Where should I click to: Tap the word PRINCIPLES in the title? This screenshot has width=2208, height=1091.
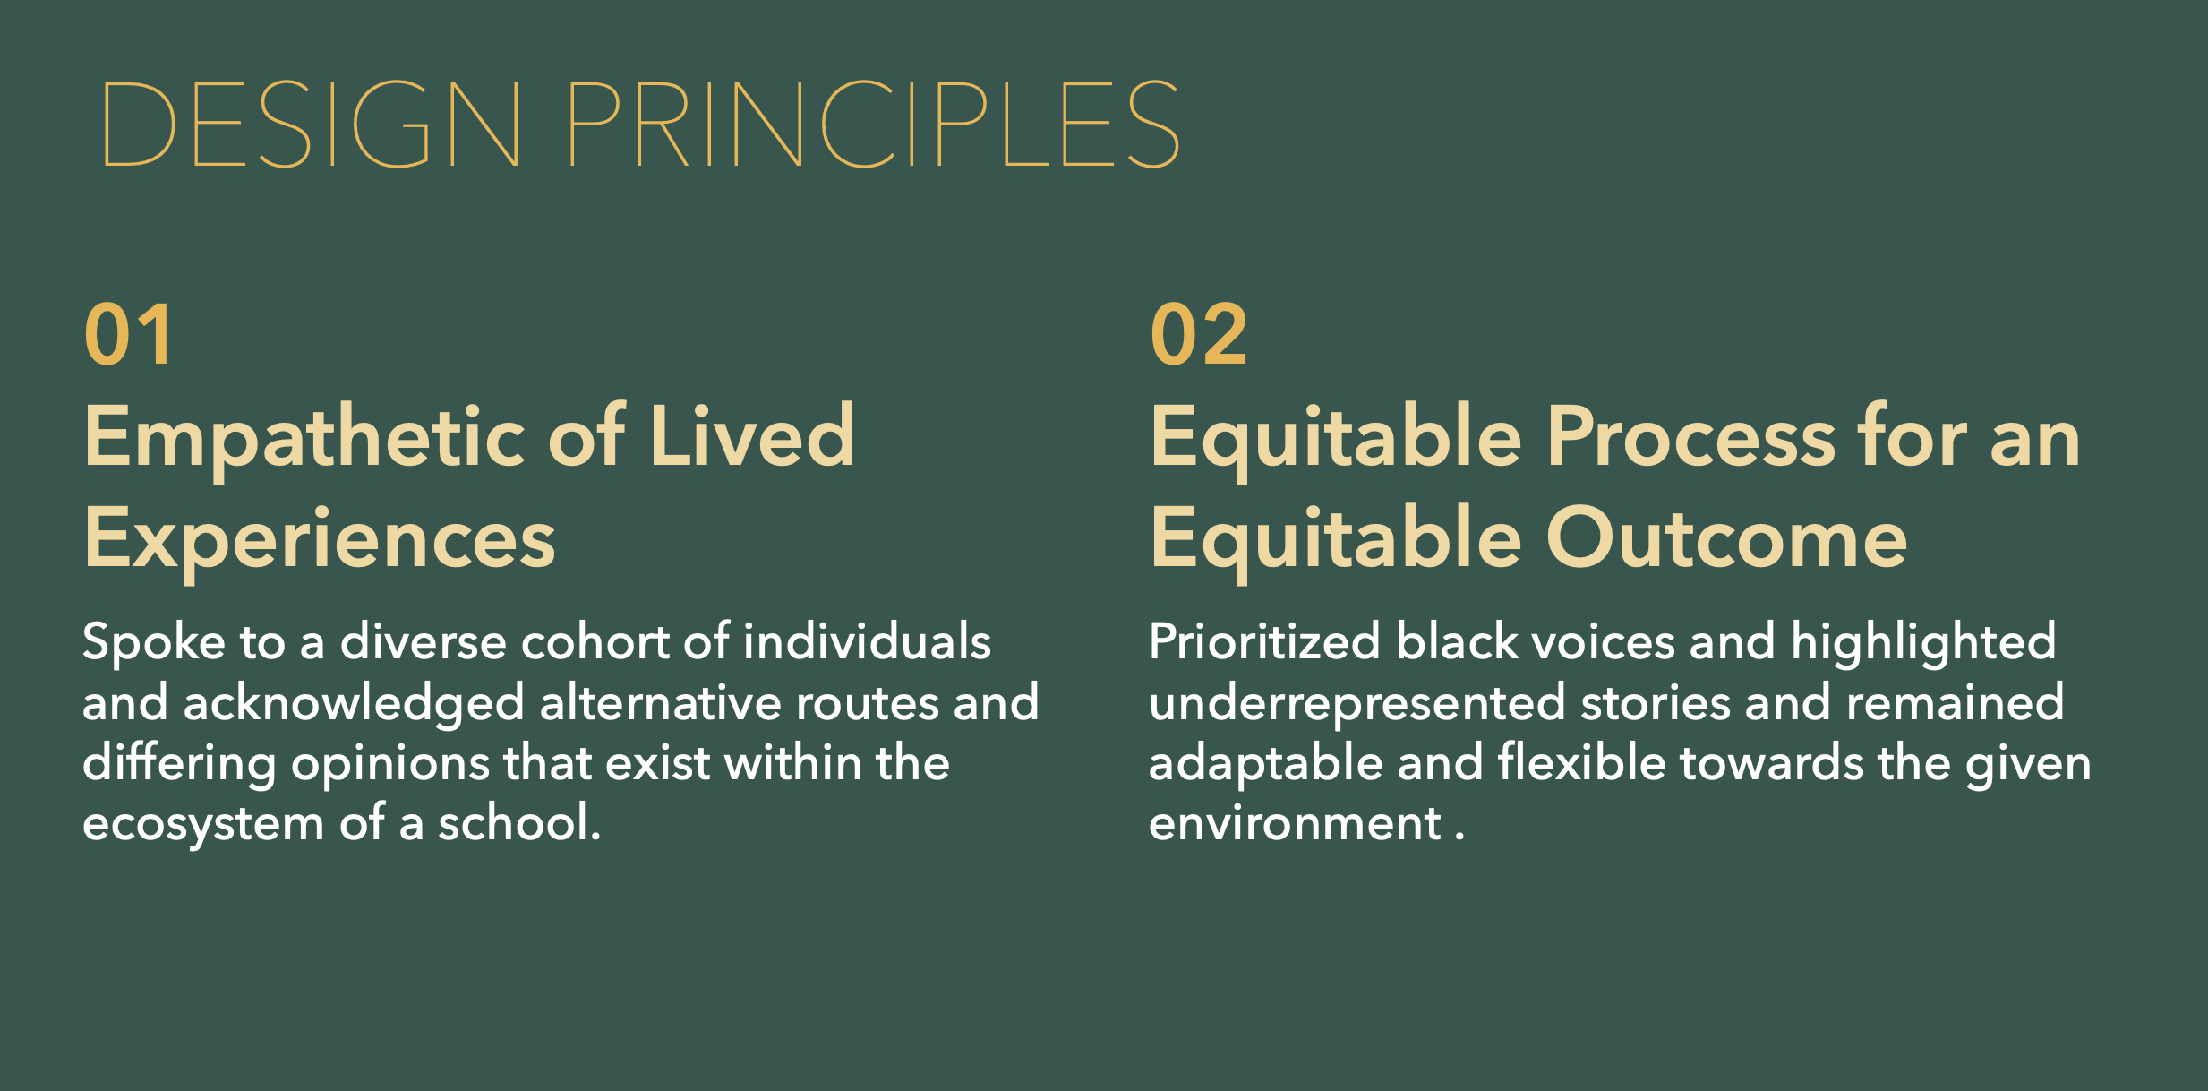click(874, 124)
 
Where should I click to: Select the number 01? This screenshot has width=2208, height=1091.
click(128, 334)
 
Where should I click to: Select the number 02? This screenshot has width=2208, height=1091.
click(1199, 334)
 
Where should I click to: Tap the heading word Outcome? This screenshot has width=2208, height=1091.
click(1726, 538)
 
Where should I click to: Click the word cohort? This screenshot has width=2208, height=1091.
click(595, 642)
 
